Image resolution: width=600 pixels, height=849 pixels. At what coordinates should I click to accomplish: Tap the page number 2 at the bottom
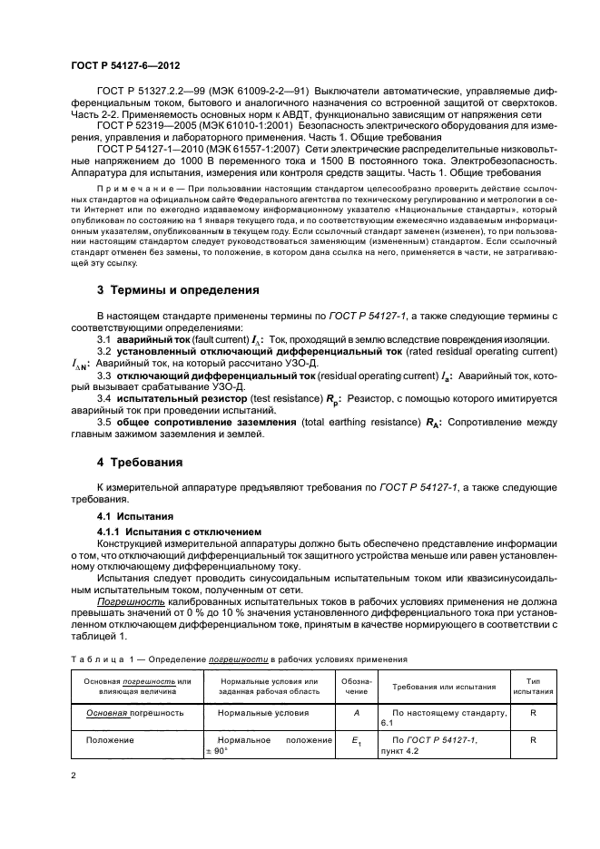coord(74,776)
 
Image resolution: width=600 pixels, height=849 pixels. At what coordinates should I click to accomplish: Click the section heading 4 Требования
coord(141,462)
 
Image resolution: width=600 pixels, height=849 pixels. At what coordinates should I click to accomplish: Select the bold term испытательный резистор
coord(172,397)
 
